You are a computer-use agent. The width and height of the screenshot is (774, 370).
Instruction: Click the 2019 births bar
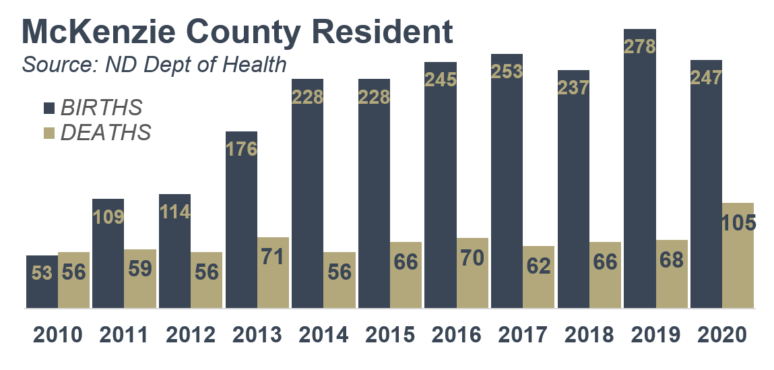639,168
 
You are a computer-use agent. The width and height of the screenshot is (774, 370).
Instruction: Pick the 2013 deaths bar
273,273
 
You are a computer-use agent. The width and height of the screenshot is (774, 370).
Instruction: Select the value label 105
738,222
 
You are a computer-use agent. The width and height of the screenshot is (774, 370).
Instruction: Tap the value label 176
241,149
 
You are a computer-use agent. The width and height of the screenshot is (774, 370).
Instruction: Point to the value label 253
507,71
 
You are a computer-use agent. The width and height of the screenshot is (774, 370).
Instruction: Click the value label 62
539,265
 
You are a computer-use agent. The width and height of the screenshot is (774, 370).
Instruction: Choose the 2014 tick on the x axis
323,335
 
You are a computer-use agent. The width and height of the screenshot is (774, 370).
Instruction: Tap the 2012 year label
191,335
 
